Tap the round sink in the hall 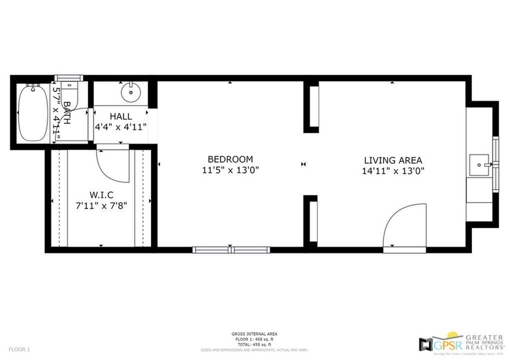[130, 93]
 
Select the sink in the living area [481, 164]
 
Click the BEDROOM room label [230, 159]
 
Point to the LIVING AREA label [393, 161]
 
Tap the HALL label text [121, 116]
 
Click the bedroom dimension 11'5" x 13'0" [230, 171]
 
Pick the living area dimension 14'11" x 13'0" [393, 171]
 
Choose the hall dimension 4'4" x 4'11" [121, 127]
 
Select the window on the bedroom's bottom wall [231, 249]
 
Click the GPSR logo [433, 343]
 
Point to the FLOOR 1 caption [19, 349]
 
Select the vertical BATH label [67, 113]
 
